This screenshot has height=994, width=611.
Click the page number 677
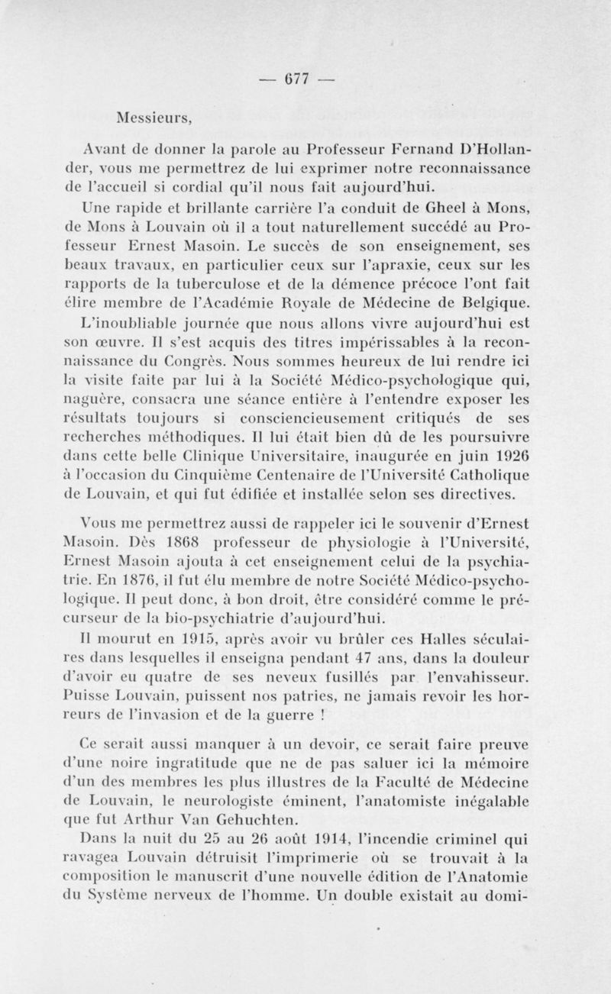tap(296, 80)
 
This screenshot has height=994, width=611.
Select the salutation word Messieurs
tap(153, 118)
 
